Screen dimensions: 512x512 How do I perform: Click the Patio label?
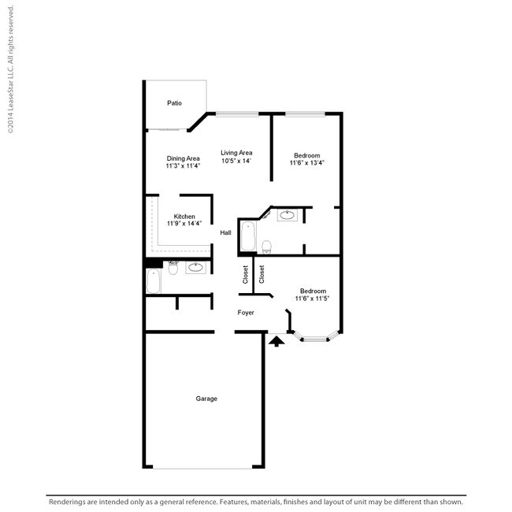174,103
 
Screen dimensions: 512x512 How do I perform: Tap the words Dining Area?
183,158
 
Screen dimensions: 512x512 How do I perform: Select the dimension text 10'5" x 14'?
236,161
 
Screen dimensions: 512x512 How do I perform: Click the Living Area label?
236,153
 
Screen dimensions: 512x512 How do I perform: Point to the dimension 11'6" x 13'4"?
307,163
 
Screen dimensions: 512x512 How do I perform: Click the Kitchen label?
184,216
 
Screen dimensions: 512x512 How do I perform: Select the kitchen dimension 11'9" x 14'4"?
184,224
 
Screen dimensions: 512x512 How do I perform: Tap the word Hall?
225,232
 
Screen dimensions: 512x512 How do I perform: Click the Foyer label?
246,313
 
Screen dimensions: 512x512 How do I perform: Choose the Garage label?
206,399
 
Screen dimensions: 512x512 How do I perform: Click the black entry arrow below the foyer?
276,341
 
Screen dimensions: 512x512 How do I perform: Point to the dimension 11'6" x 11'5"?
313,299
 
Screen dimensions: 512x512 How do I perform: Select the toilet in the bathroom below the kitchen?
173,267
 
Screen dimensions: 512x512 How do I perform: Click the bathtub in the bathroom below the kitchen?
154,281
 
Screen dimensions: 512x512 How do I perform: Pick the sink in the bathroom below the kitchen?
195,268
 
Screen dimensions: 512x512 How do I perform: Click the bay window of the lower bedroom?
315,339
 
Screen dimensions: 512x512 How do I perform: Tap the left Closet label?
246,274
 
